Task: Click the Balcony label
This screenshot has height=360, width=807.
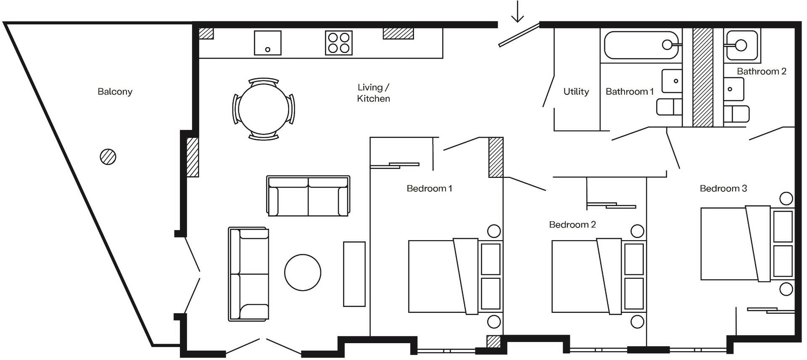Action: point(115,92)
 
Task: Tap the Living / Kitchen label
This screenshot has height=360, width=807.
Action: point(373,93)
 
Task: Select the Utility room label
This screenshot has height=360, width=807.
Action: point(576,92)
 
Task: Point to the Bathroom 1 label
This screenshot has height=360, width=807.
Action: point(629,92)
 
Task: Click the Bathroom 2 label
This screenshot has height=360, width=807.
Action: point(761,71)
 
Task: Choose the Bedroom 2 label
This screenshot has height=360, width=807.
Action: point(572,225)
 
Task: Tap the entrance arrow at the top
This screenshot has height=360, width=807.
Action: point(517,12)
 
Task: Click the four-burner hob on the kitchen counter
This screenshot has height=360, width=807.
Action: point(339,43)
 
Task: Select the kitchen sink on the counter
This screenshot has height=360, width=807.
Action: point(268,43)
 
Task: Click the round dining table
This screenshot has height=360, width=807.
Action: point(264,109)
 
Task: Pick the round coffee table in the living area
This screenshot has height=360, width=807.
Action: point(303,272)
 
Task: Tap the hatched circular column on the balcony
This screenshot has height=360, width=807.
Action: point(108,157)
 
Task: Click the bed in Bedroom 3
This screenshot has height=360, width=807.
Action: point(736,244)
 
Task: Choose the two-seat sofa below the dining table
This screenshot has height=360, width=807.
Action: point(308,196)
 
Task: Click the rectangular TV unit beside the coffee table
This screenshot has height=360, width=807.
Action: point(354,274)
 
